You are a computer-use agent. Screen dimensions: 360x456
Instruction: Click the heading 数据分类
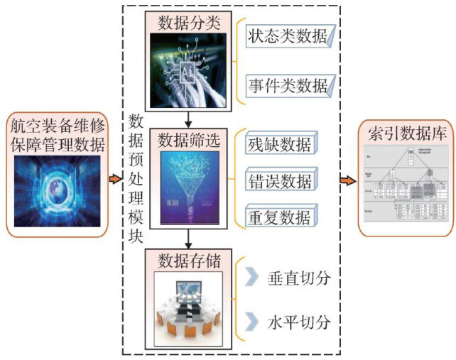[x=189, y=23]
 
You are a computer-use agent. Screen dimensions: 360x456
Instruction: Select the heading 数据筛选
[x=189, y=141]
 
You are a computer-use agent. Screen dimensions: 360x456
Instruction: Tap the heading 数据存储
[x=189, y=260]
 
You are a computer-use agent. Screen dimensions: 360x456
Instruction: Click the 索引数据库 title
[x=406, y=133]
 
